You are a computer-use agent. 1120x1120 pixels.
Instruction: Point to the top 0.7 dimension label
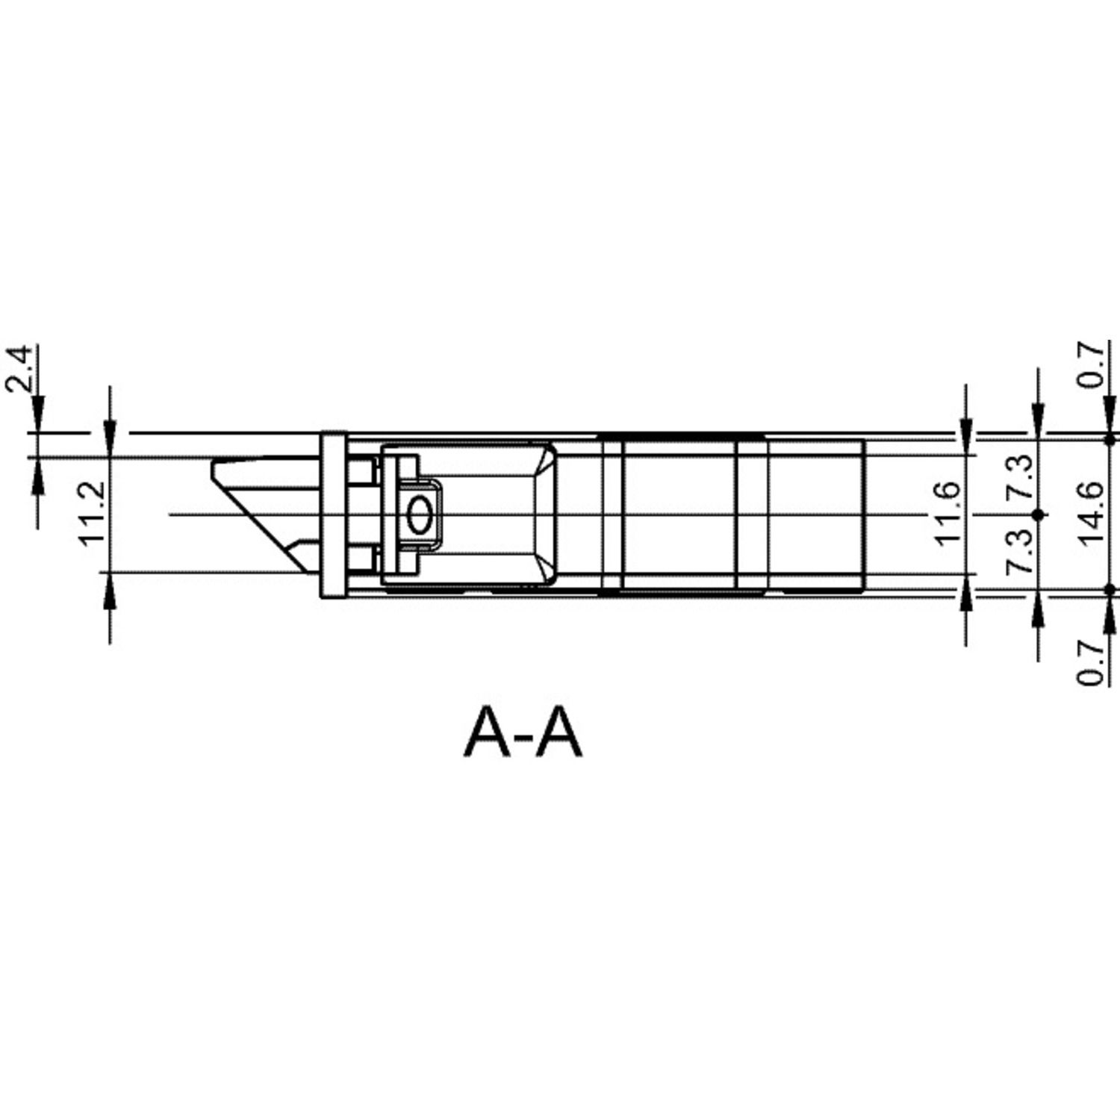[1092, 364]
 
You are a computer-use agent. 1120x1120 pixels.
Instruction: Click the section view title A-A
[523, 733]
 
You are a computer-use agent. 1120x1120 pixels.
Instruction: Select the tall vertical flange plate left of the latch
[333, 514]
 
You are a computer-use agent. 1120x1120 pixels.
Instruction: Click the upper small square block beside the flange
[360, 471]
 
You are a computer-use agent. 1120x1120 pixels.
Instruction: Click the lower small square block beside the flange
[360, 559]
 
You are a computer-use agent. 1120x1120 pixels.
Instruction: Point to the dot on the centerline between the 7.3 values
[1037, 514]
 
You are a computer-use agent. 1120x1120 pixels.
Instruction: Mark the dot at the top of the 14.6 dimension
[1110, 440]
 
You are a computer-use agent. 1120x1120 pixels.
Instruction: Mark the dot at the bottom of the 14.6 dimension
[1110, 590]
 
